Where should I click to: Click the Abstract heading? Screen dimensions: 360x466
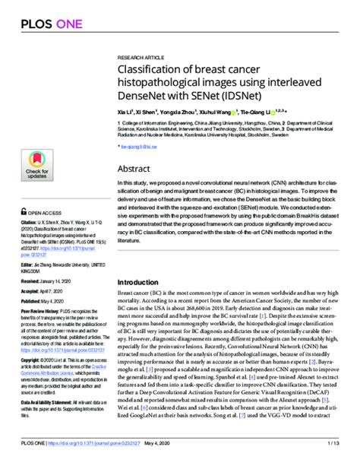click(x=135, y=170)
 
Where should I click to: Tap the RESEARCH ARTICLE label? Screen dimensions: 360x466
click(x=141, y=58)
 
